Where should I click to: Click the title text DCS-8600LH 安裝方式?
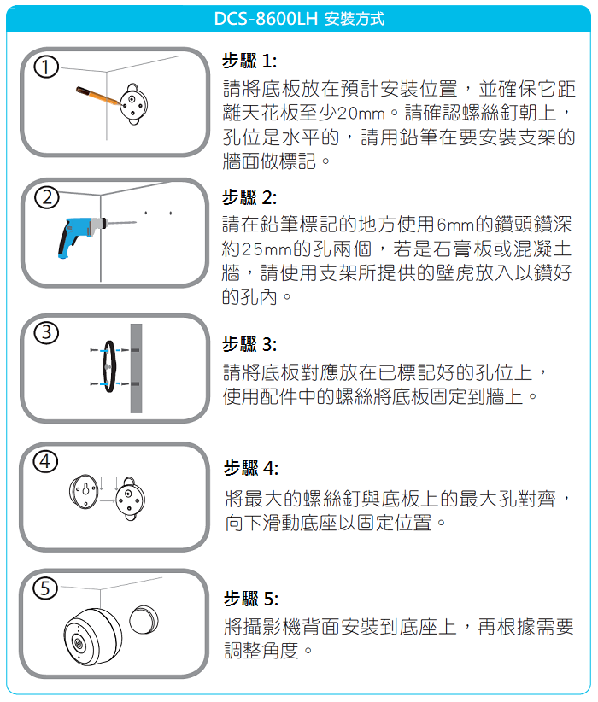299,19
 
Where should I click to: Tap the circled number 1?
46,67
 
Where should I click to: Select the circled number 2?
47,197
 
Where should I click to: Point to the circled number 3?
47,333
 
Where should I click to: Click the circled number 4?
46,461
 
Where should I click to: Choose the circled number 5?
45,588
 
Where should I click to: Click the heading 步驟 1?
249,61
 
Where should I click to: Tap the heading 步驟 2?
249,197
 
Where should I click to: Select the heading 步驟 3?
249,344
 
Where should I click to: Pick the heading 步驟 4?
251,468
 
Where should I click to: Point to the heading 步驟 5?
251,599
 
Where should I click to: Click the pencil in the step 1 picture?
98,96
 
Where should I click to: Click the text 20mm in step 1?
361,114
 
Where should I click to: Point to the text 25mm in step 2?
267,249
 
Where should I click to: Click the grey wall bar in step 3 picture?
136,368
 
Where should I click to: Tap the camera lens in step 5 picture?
79,644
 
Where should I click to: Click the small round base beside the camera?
144,620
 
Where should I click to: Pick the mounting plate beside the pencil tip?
133,104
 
